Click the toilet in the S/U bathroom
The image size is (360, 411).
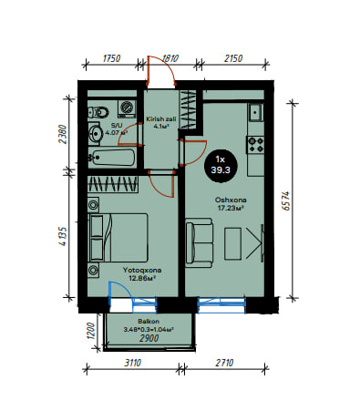coord(98,113)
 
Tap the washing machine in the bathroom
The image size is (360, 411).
coord(127,108)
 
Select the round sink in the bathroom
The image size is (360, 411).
coord(95,133)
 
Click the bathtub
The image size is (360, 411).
coord(112,158)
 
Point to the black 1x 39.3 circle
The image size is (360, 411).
coord(221,165)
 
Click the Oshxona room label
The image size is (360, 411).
coord(231,200)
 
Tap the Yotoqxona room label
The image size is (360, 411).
coord(142,270)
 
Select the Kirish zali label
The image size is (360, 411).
coord(161,118)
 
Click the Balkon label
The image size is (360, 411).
coord(149,321)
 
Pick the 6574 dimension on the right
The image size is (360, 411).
coord(286,201)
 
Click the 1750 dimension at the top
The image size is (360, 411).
coord(111,58)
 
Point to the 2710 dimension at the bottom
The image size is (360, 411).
coord(224,363)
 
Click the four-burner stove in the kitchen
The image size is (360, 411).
coord(255,145)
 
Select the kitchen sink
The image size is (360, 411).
coord(256,112)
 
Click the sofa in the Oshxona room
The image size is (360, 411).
coord(199,242)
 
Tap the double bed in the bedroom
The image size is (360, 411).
coord(118,238)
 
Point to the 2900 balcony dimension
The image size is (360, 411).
coord(149,338)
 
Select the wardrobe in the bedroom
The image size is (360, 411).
coord(113,184)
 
